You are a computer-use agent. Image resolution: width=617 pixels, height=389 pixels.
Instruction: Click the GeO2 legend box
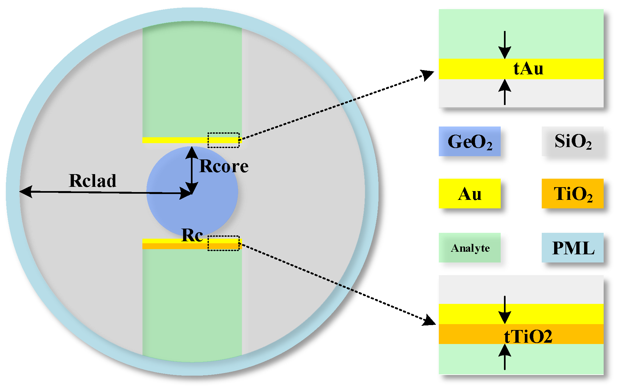469,141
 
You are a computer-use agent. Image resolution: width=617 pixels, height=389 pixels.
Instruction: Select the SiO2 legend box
572,141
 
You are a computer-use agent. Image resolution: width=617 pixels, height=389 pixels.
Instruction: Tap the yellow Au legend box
469,193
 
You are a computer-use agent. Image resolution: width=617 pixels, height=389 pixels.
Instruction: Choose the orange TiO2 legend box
572,193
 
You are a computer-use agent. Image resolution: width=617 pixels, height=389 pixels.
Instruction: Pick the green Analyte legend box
469,247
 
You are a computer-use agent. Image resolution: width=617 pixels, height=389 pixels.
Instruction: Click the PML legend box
572,247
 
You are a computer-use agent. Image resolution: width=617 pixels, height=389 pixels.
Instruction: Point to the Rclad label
93,181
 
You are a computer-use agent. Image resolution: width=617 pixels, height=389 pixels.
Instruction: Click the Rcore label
224,166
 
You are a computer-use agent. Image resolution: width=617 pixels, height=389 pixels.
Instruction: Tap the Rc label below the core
192,235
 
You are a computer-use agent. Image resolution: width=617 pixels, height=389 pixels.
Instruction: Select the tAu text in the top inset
528,69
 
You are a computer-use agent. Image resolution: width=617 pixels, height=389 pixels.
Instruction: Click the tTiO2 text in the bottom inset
528,336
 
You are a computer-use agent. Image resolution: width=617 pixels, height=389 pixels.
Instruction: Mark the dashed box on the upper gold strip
223,140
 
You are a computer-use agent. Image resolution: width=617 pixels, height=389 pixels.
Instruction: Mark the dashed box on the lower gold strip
223,243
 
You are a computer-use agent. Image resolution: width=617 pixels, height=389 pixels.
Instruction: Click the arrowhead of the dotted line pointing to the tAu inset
428,75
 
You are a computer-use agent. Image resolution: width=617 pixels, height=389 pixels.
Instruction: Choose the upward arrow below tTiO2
505,357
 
